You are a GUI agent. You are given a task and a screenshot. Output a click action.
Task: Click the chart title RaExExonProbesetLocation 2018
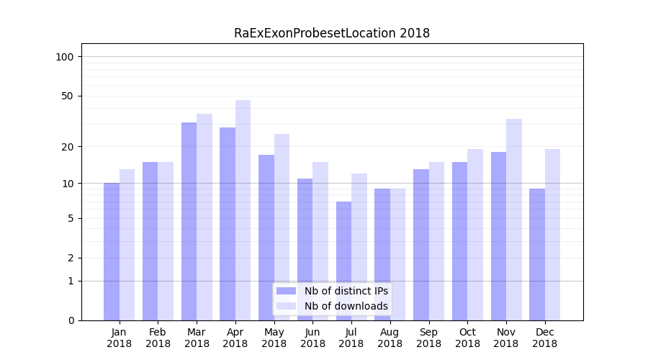click(x=332, y=33)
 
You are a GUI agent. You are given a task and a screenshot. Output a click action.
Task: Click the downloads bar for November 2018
click(x=513, y=220)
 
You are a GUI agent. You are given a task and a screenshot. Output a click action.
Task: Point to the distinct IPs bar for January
click(x=112, y=251)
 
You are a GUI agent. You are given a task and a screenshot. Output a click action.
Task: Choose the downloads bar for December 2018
click(x=552, y=235)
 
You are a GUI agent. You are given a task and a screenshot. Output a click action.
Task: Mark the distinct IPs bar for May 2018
click(x=266, y=238)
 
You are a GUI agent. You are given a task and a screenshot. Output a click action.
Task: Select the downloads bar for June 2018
click(x=320, y=241)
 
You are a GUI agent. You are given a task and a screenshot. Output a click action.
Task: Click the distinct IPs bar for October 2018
click(x=459, y=241)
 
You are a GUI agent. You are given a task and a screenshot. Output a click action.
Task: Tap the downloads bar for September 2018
click(x=436, y=241)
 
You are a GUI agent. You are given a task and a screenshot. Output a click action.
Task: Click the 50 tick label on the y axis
click(x=68, y=96)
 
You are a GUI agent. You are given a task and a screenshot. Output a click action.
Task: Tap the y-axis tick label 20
click(x=68, y=147)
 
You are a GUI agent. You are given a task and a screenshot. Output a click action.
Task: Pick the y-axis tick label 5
click(x=71, y=218)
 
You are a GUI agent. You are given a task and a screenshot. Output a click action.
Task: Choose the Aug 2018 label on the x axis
click(x=390, y=338)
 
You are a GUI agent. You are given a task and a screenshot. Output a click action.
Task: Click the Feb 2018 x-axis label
click(x=158, y=338)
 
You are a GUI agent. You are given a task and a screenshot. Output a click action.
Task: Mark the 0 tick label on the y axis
click(x=71, y=320)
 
